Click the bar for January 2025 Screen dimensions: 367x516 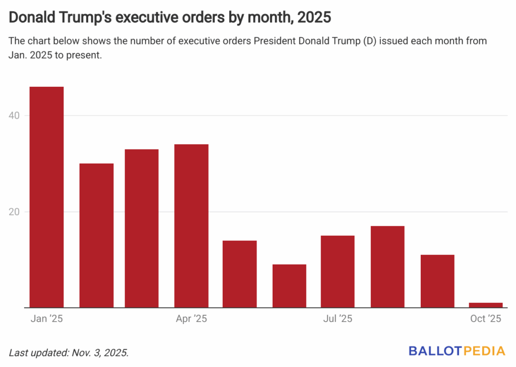[x=47, y=197]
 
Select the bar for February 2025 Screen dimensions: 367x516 [x=96, y=235]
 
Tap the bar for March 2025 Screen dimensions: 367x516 [x=142, y=228]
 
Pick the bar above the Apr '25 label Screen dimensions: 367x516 [x=191, y=226]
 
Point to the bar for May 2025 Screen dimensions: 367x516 [x=240, y=274]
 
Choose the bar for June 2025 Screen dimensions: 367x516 [x=289, y=286]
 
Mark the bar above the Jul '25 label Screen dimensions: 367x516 [x=338, y=272]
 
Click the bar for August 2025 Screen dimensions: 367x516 [x=388, y=267]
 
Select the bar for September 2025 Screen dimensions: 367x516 [x=437, y=281]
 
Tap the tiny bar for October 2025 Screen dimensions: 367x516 [x=486, y=305]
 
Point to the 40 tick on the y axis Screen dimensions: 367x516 [x=16, y=116]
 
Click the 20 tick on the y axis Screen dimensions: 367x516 [x=16, y=212]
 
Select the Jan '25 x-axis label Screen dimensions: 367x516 [x=47, y=319]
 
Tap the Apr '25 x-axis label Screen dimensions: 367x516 [x=191, y=319]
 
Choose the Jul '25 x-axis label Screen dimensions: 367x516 [x=338, y=319]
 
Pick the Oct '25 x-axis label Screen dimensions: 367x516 [x=486, y=319]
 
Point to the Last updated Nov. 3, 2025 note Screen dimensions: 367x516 [x=69, y=352]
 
